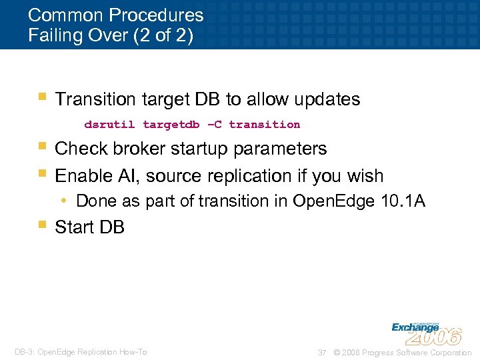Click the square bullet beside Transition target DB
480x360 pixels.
coord(42,97)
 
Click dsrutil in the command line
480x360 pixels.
coord(109,125)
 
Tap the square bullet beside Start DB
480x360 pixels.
coord(42,225)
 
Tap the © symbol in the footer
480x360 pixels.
coord(337,352)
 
